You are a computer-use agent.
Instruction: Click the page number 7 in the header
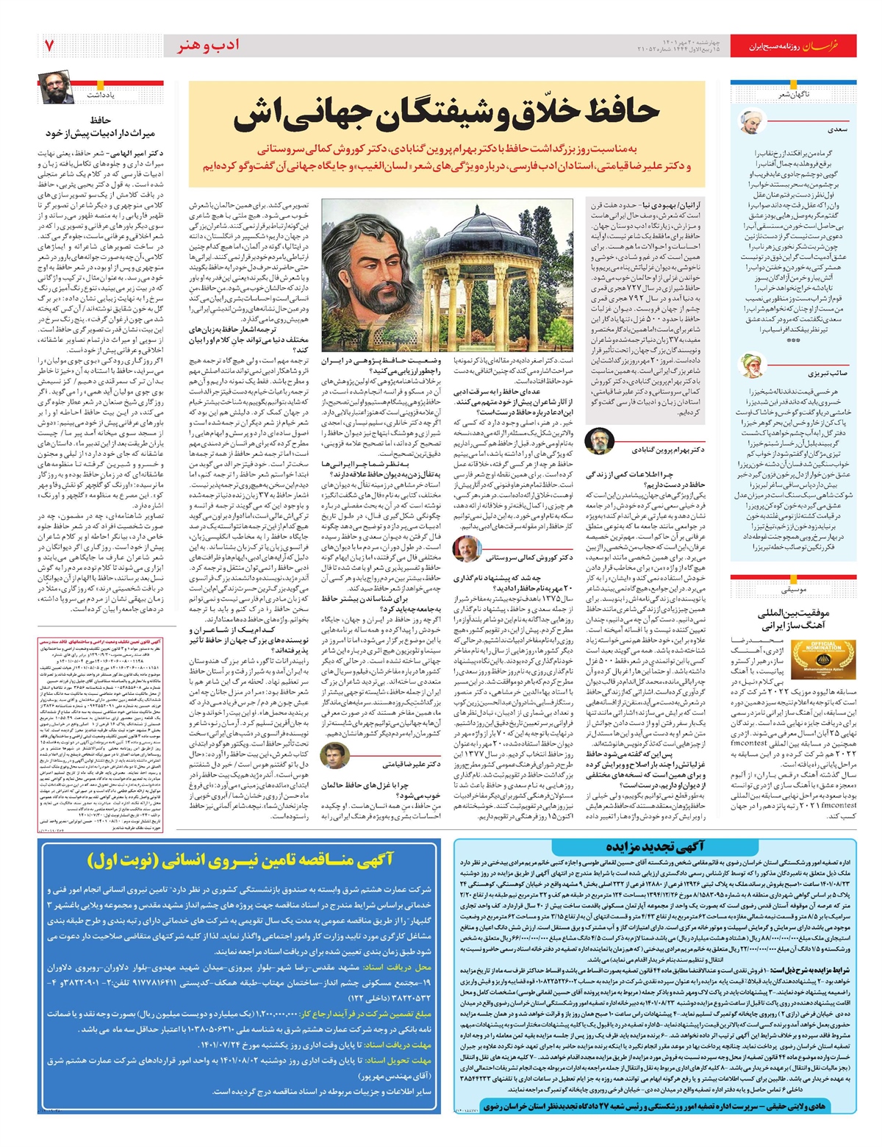tap(49, 45)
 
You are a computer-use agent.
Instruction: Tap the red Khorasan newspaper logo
tap(836, 46)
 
